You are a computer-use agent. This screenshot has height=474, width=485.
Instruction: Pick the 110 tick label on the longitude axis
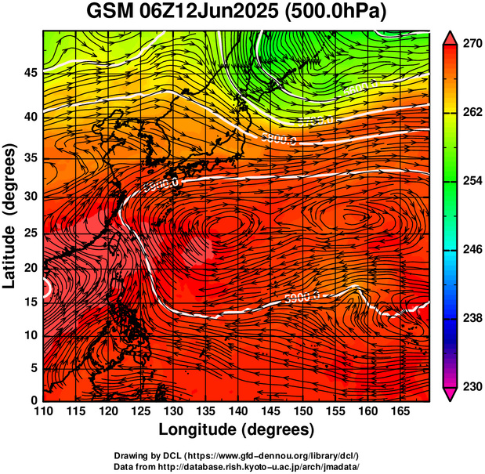pyautogui.click(x=43, y=411)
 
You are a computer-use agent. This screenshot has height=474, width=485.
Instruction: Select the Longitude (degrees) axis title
pyautogui.click(x=237, y=429)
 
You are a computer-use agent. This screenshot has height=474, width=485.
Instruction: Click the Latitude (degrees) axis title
pyautogui.click(x=10, y=215)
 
